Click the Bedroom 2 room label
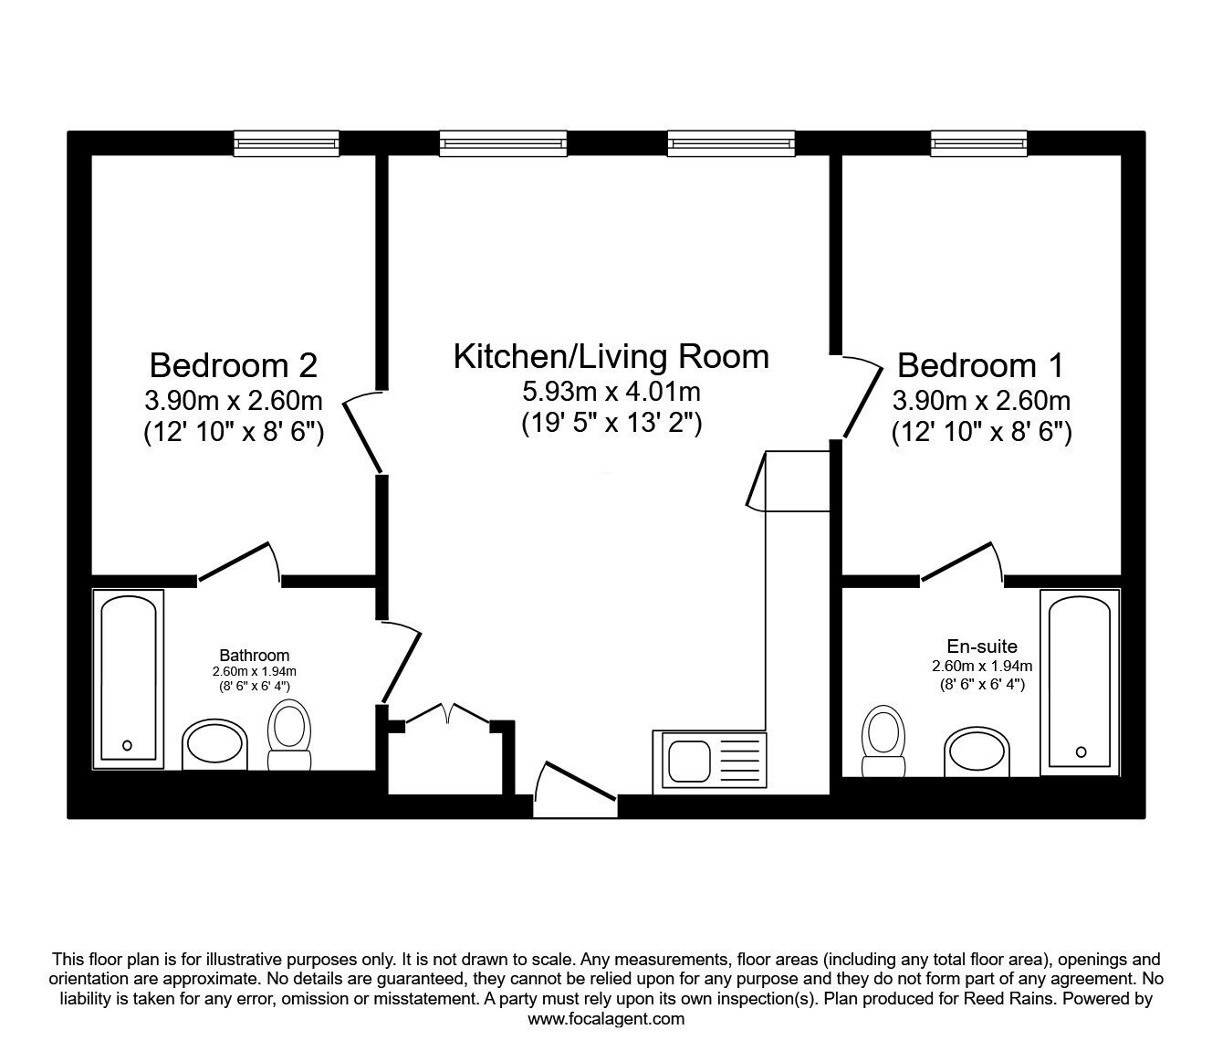234,365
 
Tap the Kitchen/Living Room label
611,357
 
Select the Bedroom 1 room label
981,365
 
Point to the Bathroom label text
255,655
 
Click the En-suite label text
982,646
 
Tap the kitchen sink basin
690,762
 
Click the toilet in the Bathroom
289,735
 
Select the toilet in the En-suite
883,741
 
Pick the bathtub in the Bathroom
129,679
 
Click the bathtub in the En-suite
1080,682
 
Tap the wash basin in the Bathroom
214,745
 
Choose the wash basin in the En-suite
977,751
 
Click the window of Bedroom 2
287,143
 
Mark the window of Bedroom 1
979,143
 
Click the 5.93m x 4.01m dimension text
611,391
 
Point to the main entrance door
575,789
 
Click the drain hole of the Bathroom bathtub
127,745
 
